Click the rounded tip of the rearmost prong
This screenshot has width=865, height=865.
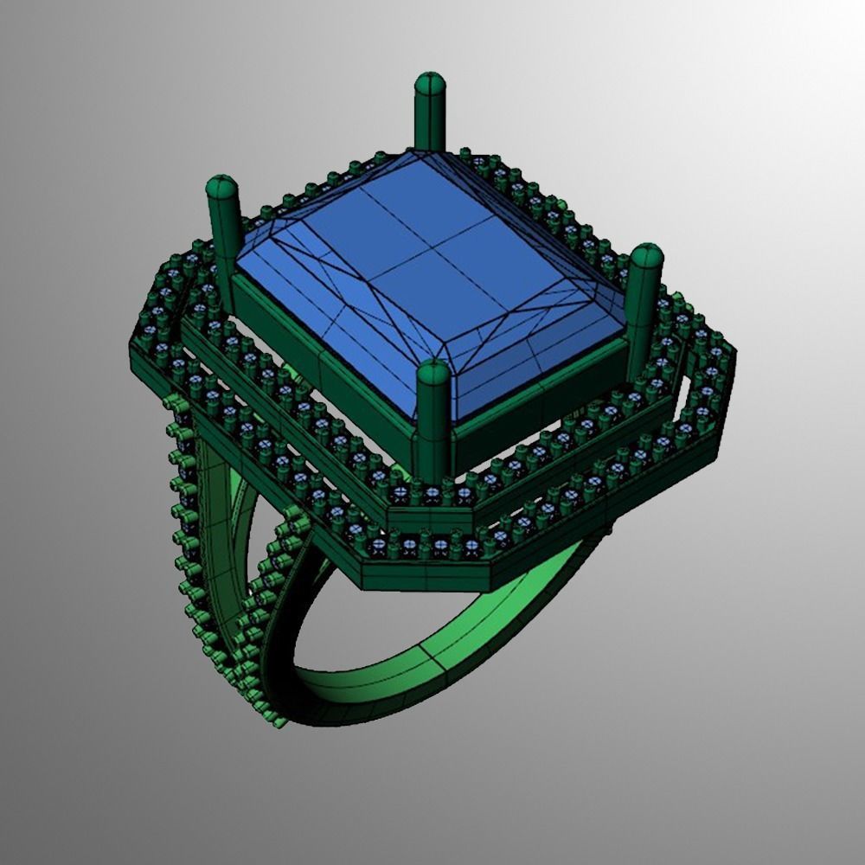(430, 85)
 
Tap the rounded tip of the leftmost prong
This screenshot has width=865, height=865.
(221, 187)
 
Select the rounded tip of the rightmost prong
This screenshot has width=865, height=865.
(645, 257)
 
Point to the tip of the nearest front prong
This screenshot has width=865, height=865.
(433, 373)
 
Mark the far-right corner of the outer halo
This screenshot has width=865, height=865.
(735, 363)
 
